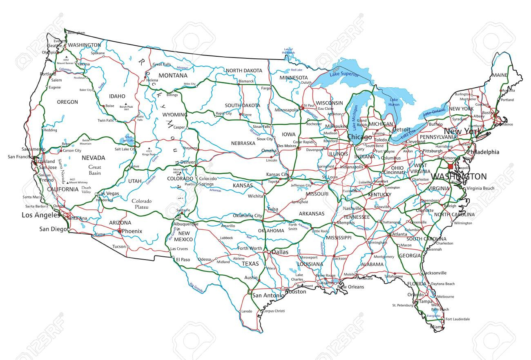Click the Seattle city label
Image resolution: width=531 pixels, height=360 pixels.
coord(54,46)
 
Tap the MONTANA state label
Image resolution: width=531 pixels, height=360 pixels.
coord(173,76)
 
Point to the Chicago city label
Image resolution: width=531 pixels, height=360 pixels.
coord(359,137)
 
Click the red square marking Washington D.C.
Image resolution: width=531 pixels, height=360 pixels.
coord(451,167)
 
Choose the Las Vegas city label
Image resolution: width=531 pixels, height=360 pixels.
coord(108,193)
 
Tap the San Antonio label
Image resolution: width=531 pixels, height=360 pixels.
coord(268,295)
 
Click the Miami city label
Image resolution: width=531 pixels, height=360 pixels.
coord(436,327)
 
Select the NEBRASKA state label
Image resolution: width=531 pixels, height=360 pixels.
coord(243,143)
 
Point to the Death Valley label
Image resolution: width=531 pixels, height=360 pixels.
coord(86,189)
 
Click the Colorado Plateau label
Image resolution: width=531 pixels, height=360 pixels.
coord(142,204)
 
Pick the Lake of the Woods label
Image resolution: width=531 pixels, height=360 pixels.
coord(289,51)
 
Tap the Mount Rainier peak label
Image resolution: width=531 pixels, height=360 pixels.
coord(67,64)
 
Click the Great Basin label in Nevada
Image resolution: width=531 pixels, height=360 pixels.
coord(94,170)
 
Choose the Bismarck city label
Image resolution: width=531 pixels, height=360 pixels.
coord(246,81)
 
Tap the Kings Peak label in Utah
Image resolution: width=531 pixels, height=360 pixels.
coord(149,154)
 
